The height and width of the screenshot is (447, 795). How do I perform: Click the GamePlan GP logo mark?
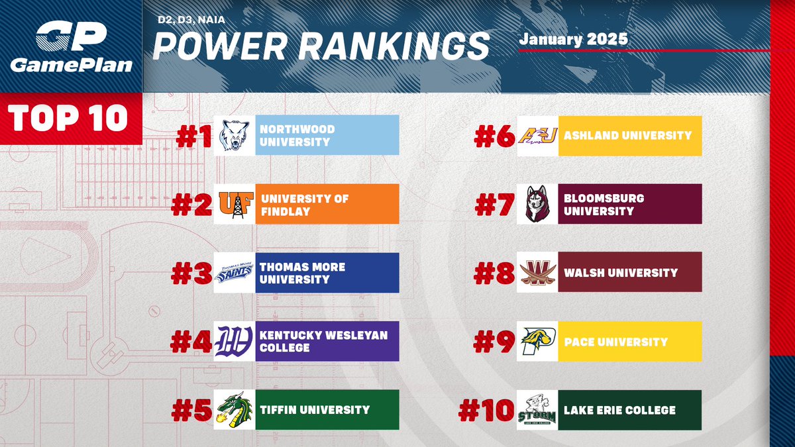(x=70, y=36)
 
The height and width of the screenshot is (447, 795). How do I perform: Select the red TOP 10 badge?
(x=70, y=118)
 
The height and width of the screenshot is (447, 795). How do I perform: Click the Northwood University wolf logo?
(x=235, y=135)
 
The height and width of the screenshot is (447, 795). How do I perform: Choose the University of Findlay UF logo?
(x=235, y=204)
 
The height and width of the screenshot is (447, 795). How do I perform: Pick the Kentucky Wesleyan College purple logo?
(x=235, y=341)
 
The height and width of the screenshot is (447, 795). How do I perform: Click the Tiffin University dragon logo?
(x=235, y=410)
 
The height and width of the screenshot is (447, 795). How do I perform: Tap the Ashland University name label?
(x=627, y=135)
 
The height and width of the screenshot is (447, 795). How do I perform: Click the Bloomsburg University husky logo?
(x=537, y=204)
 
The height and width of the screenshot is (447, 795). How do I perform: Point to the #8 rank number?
(x=494, y=273)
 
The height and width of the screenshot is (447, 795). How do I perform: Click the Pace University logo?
(x=537, y=341)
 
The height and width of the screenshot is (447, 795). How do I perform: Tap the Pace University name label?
(x=615, y=342)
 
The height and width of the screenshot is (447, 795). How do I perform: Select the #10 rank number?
(x=487, y=411)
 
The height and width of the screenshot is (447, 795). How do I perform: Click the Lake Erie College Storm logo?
(x=537, y=410)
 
